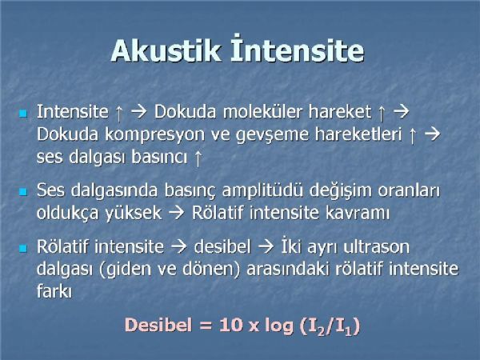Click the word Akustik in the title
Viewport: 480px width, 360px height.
point(166,50)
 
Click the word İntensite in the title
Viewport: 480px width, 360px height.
point(298,47)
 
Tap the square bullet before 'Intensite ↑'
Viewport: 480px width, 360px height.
point(23,114)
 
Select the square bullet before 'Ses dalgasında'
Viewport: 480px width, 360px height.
point(23,192)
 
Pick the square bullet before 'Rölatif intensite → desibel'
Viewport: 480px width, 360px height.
point(23,248)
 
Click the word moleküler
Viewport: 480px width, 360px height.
point(262,111)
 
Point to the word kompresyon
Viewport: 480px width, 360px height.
point(154,135)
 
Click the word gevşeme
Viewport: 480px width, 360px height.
point(273,135)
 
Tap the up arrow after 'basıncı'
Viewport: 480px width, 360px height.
point(198,158)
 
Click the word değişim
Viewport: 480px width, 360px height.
point(341,191)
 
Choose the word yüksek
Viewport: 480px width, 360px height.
point(134,213)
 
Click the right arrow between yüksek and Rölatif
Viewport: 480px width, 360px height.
point(177,213)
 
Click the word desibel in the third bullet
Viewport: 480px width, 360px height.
point(222,246)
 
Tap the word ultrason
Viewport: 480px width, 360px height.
point(377,246)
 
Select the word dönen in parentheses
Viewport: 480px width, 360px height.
point(210,269)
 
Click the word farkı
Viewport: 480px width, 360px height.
point(54,291)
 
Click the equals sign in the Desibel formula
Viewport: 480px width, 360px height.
point(206,326)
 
